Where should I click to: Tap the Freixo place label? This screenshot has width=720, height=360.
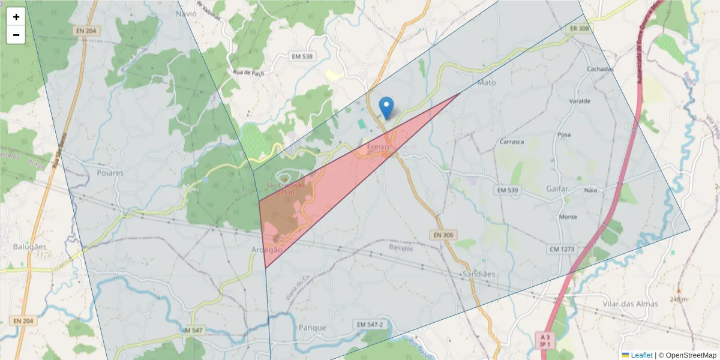tap(378, 146)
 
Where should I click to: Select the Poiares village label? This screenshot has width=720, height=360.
tap(110, 173)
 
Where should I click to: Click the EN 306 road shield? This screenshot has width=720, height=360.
tap(442, 235)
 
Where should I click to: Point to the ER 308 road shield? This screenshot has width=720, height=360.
tap(580, 28)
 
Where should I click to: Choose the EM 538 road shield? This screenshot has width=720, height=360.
tap(302, 56)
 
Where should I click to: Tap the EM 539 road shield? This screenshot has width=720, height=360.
tap(506, 190)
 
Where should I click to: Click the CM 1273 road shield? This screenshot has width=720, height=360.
tap(562, 248)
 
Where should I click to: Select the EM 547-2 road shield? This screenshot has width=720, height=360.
tap(370, 325)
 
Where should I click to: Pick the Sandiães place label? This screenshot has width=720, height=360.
tap(479, 274)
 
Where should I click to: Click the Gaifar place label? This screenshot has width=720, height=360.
tap(557, 189)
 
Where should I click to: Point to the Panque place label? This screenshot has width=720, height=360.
tap(312, 328)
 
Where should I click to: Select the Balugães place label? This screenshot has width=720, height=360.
tap(30, 247)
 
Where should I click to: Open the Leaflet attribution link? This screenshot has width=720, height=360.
tap(641, 355)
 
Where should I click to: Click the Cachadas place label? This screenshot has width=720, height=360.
tap(600, 69)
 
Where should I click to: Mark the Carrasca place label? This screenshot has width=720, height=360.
tap(512, 142)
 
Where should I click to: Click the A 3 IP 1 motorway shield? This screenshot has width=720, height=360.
tap(545, 340)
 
